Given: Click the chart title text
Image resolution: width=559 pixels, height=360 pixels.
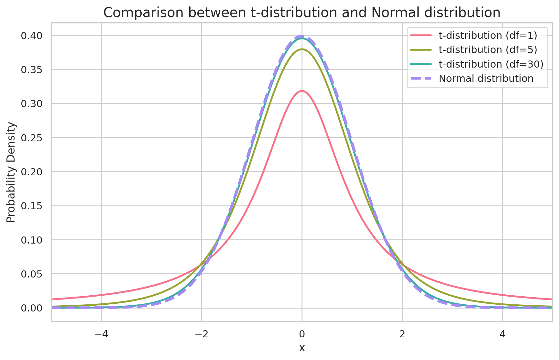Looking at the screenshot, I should (x=302, y=13).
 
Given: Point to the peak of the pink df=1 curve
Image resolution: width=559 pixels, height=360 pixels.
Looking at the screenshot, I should (x=302, y=91).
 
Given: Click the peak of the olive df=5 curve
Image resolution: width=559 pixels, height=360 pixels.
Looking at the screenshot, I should (x=302, y=49).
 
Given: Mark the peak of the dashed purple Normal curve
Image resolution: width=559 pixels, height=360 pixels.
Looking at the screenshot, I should (x=302, y=36).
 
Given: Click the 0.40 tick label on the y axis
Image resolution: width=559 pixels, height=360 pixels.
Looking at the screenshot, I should (x=31, y=36).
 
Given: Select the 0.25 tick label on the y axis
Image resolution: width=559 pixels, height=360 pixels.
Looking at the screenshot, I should (x=31, y=138).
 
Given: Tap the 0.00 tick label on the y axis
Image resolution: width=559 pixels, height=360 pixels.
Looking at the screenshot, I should (x=31, y=308).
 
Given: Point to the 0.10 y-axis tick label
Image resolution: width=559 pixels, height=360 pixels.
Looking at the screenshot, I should (x=31, y=240).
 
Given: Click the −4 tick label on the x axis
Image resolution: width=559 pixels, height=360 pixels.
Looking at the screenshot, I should (x=101, y=334).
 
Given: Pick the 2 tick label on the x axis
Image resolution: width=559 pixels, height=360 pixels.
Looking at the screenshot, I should (x=402, y=334).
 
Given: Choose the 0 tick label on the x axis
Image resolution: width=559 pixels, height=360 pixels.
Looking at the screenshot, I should (x=302, y=334).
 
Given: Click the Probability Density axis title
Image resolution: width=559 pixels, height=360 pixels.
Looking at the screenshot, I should (x=11, y=172).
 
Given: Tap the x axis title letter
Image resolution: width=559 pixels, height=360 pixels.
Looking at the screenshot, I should (x=302, y=348).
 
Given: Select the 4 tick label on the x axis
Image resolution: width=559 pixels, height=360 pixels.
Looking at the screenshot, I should (x=502, y=334).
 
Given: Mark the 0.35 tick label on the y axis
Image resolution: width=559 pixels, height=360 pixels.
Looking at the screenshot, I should (x=31, y=70).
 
